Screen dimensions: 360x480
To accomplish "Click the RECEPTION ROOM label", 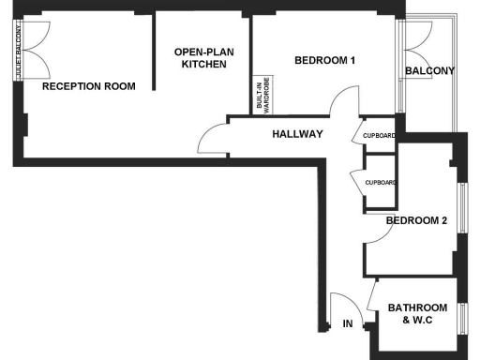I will [89, 86].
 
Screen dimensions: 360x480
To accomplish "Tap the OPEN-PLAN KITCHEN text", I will [203, 58].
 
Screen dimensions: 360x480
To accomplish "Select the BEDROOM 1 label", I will [324, 61].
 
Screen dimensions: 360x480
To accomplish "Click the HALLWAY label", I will [297, 134].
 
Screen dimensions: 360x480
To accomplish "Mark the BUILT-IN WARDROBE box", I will [262, 96].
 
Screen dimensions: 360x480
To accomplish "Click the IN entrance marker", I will [347, 324].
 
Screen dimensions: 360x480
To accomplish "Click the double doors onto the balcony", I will [412, 42].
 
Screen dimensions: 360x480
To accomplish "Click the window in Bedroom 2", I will [460, 210].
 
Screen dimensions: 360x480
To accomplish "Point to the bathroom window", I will [460, 319].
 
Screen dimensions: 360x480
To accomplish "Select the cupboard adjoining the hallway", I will [379, 136].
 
